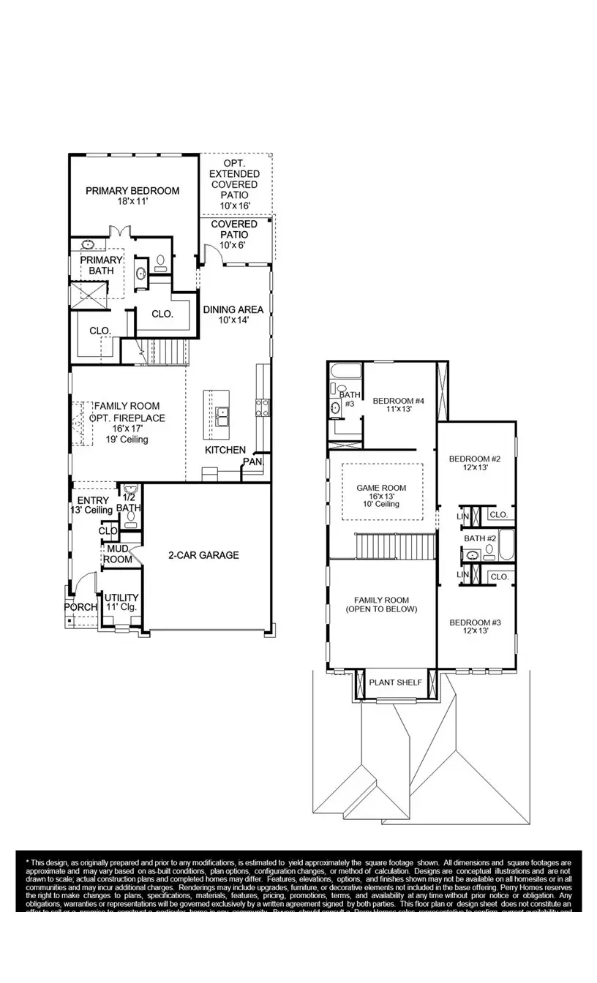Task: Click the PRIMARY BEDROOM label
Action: pos(132,191)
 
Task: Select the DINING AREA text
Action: pos(233,309)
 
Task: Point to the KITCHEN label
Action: pos(225,450)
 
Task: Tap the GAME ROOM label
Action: pos(381,488)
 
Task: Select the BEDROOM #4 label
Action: pos(399,401)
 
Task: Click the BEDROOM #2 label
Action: pos(474,459)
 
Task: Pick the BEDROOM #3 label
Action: pos(474,622)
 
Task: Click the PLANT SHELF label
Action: pos(395,682)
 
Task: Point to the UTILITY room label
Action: pos(121,598)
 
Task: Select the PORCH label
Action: pos(80,607)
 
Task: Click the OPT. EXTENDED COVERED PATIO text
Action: pos(234,179)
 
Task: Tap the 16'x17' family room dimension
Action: pos(127,429)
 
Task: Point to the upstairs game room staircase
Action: pos(395,546)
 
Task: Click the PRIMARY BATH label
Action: pos(97,265)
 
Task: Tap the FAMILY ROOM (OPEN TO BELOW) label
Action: pos(381,604)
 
